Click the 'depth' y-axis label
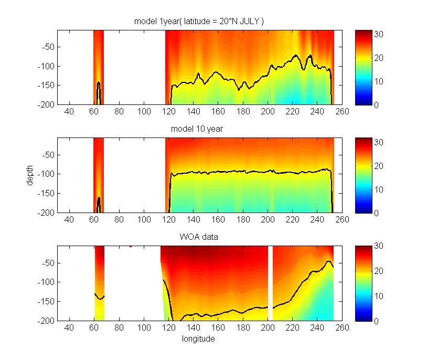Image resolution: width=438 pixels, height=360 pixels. click(x=31, y=175)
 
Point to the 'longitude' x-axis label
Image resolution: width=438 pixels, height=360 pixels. click(x=199, y=339)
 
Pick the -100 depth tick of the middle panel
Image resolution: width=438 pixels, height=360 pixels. click(x=45, y=174)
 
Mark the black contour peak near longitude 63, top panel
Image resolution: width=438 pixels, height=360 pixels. click(x=98, y=83)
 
